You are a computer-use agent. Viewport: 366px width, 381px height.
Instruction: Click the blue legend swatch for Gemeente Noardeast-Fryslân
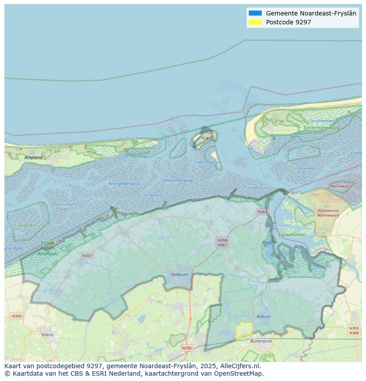point(255,13)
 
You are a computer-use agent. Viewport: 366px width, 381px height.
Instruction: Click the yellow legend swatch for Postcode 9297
point(255,22)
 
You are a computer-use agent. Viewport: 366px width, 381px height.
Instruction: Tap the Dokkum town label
point(179,274)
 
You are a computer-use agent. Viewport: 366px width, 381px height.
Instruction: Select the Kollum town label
point(263,317)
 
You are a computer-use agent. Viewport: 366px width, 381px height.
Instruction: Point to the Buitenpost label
point(261,341)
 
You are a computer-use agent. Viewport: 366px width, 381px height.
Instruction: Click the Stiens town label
point(47,335)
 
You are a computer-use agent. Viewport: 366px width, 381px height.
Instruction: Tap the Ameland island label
point(34,158)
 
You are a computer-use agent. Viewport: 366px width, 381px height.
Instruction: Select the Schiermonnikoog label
point(321,128)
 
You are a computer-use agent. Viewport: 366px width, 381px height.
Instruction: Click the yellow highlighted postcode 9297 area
point(244,330)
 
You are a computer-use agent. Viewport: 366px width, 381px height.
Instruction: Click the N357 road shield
point(87,256)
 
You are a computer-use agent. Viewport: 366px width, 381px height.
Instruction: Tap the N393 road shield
point(16,316)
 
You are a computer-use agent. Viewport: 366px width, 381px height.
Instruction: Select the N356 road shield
point(187,348)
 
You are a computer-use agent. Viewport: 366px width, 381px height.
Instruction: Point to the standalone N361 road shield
point(262,212)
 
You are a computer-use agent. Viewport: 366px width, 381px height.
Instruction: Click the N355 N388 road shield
point(354,331)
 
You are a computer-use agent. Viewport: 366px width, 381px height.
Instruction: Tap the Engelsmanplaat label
point(208,162)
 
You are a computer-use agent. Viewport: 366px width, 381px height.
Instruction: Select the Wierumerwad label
point(178,181)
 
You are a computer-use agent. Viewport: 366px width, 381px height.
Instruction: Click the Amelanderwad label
point(124,184)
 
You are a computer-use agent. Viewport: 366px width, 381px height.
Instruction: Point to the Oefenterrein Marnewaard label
point(328,213)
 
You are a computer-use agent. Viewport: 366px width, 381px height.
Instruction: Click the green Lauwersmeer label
point(292,235)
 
